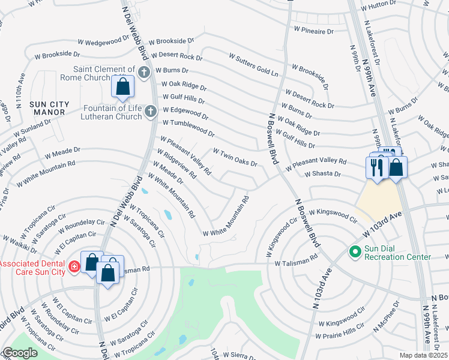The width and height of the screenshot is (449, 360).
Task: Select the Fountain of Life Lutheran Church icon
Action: click(151, 111)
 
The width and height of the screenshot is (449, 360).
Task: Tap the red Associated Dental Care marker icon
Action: click(74, 266)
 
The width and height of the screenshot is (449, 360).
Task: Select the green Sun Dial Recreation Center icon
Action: click(354, 253)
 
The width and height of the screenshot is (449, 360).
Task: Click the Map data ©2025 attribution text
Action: click(424, 355)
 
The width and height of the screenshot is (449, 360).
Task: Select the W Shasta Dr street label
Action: click(322, 174)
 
